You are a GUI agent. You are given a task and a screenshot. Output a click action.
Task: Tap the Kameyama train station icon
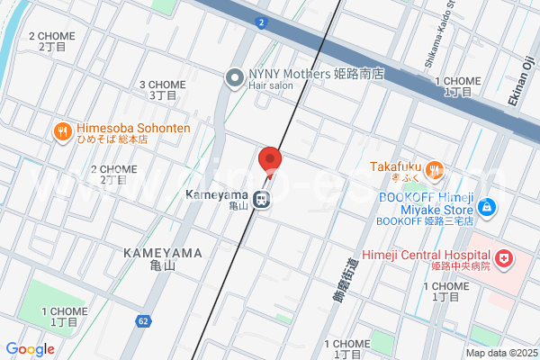(262, 200)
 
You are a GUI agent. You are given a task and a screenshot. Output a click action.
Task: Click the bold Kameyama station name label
(217, 194)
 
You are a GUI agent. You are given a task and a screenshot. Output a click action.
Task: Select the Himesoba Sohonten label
(134, 128)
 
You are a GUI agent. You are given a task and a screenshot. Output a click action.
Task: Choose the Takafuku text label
(397, 167)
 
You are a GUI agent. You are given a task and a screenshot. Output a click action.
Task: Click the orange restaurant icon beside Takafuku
(435, 169)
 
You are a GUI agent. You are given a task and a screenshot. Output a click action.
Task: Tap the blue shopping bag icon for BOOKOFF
(487, 207)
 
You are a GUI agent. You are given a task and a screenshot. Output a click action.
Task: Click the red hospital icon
(506, 259)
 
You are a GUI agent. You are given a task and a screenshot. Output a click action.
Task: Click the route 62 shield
(144, 320)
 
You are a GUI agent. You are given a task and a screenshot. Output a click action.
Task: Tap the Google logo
(30, 349)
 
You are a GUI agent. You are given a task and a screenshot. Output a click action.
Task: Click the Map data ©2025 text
(499, 353)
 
